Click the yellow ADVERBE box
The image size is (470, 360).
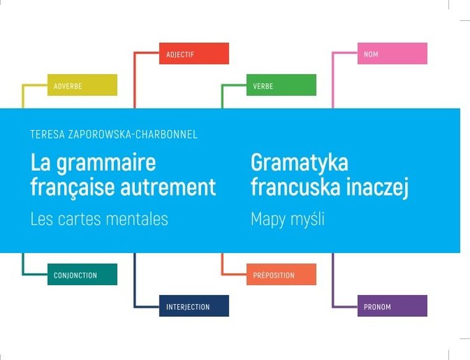point(82,85)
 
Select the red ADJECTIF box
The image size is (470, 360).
point(194,54)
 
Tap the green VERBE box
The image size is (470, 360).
point(281,85)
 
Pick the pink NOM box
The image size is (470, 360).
point(392,54)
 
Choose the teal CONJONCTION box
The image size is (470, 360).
point(82,275)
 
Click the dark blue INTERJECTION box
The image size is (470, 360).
point(194,306)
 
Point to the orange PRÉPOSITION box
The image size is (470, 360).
point(281,275)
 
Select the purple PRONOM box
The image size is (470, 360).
point(392,306)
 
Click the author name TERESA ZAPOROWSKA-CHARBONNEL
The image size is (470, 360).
point(114,134)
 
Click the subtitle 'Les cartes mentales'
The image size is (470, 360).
point(99,219)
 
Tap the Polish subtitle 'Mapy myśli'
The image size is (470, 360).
point(288,219)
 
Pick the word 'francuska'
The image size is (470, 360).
point(294,186)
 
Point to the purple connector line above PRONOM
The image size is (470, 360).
point(333,278)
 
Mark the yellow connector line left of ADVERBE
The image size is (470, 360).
point(23,96)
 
